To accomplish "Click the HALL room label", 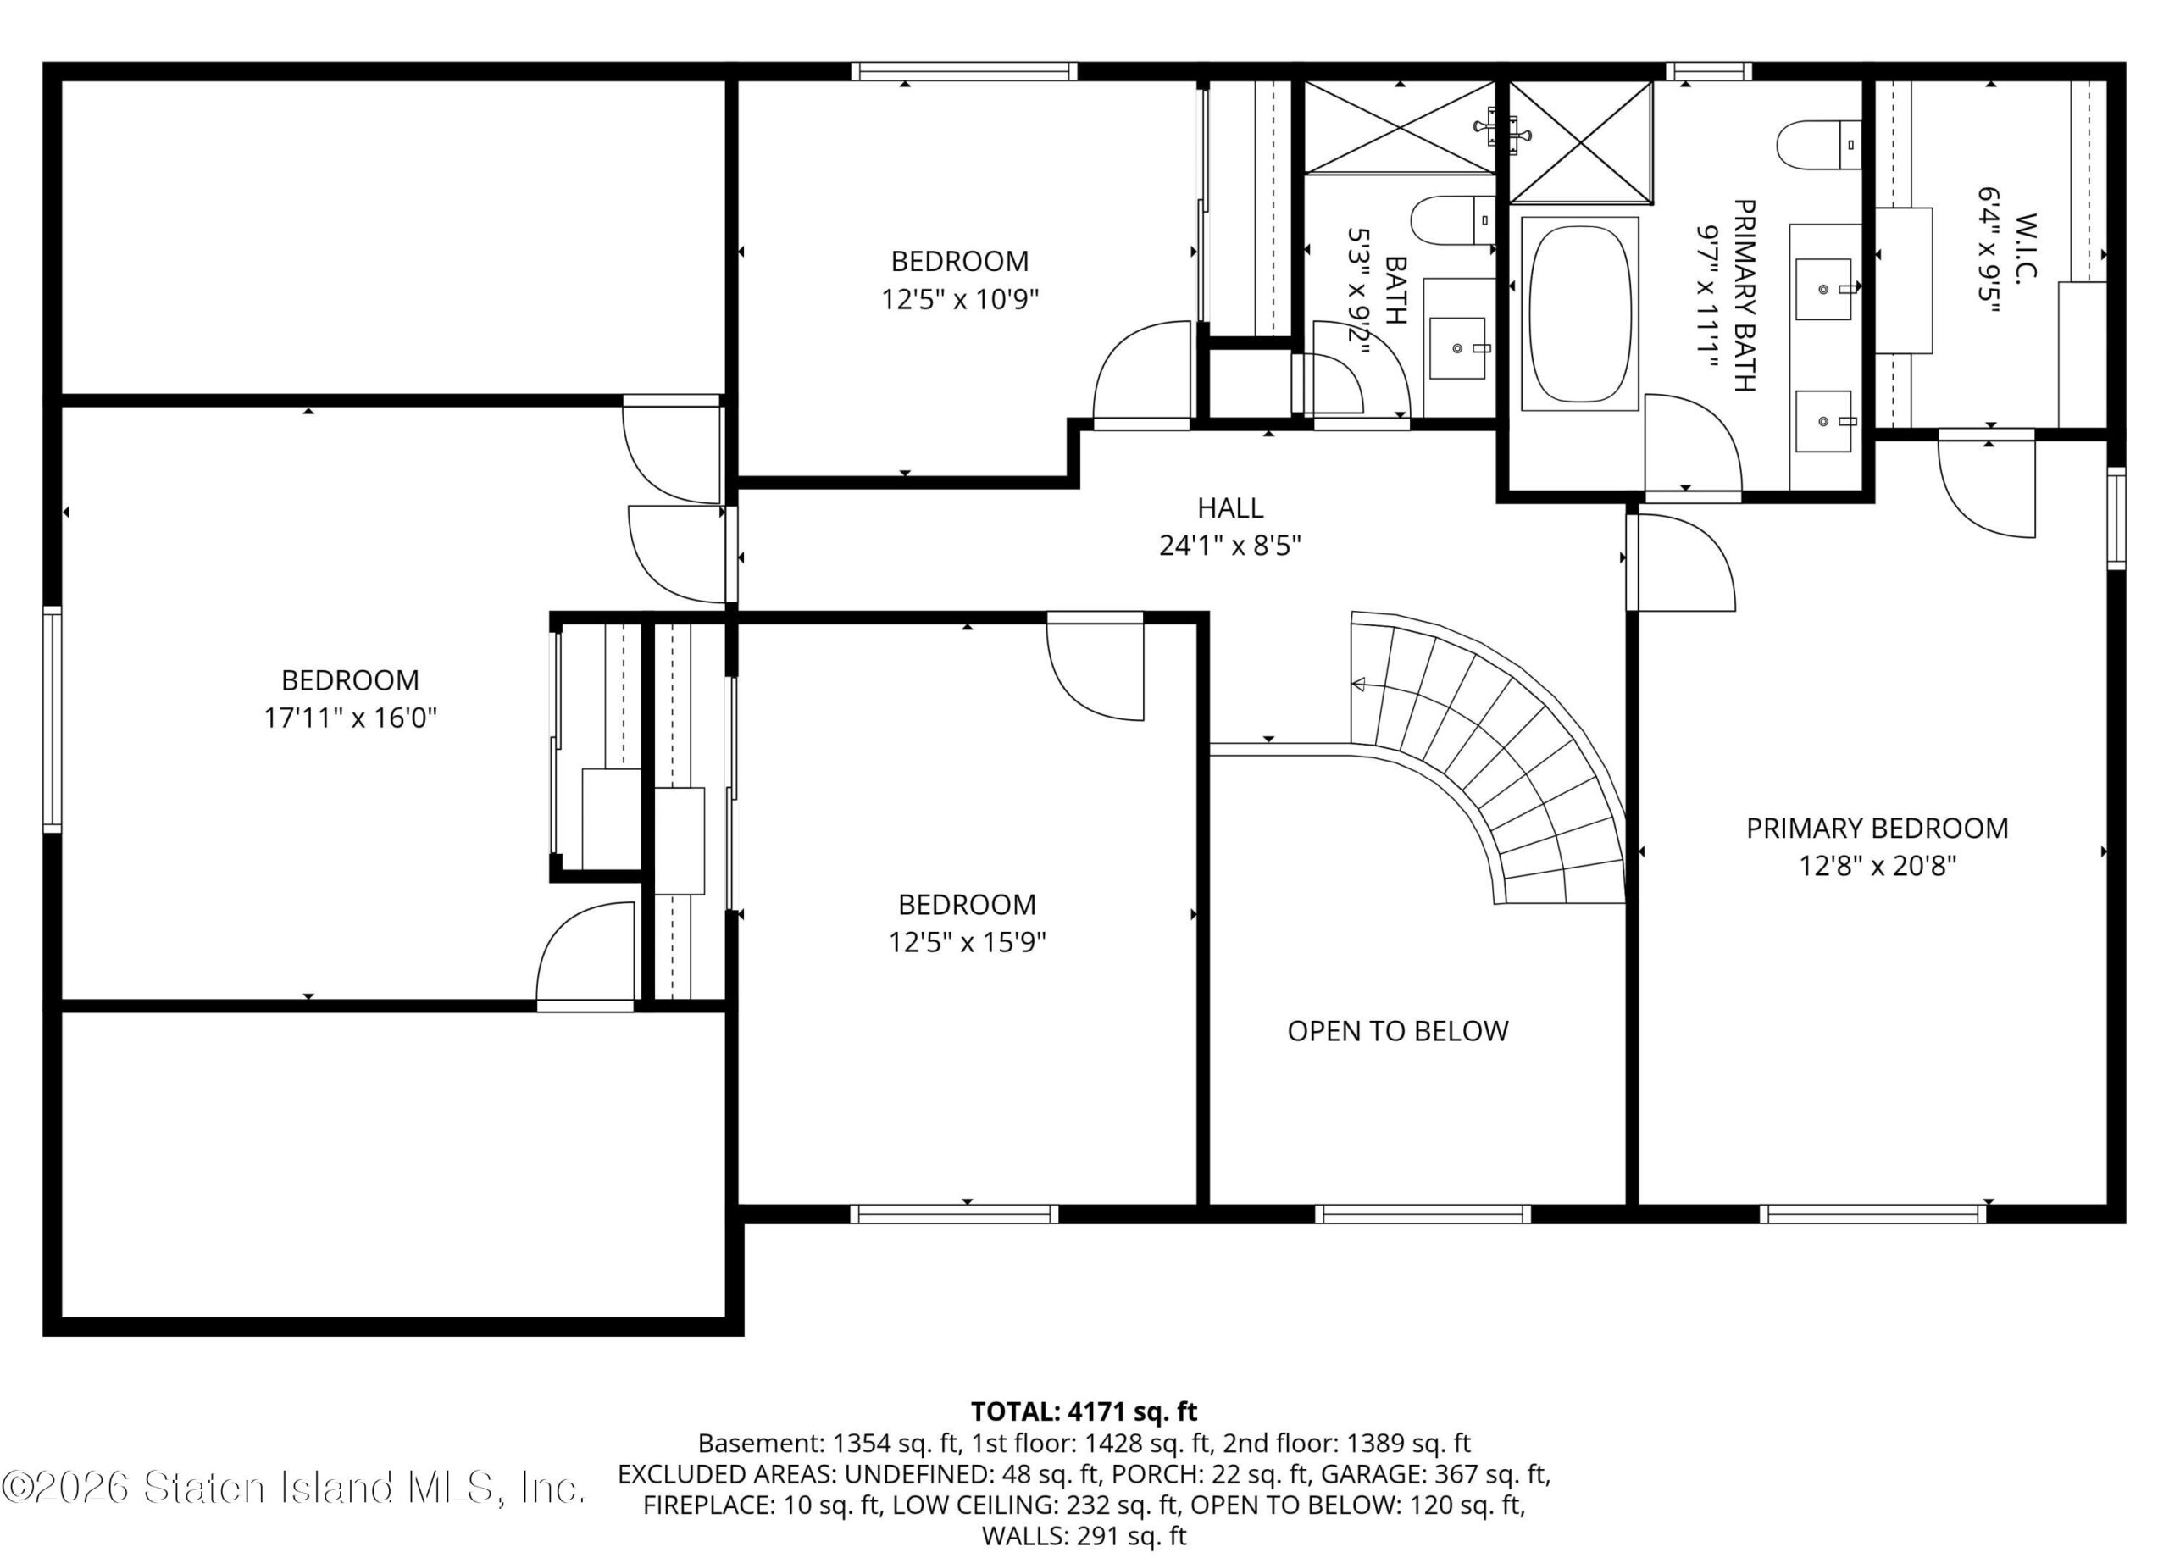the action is (x=1230, y=507).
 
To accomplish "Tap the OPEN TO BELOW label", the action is (x=1397, y=1030).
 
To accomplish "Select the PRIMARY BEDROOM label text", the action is (x=1878, y=828).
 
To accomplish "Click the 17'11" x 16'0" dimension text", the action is (x=350, y=718).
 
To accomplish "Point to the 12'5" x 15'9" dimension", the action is (x=967, y=942).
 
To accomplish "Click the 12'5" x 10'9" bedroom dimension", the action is (x=960, y=299).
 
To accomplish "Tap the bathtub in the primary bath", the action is (x=1579, y=313).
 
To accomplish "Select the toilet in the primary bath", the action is (x=1818, y=144).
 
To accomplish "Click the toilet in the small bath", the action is (x=1453, y=220).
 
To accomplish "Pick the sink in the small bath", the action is (x=1457, y=348).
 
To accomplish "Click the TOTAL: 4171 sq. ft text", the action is (x=1084, y=1411).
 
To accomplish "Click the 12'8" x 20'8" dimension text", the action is (x=1878, y=866).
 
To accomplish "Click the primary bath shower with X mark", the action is (x=1580, y=141).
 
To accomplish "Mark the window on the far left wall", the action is (x=52, y=719).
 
